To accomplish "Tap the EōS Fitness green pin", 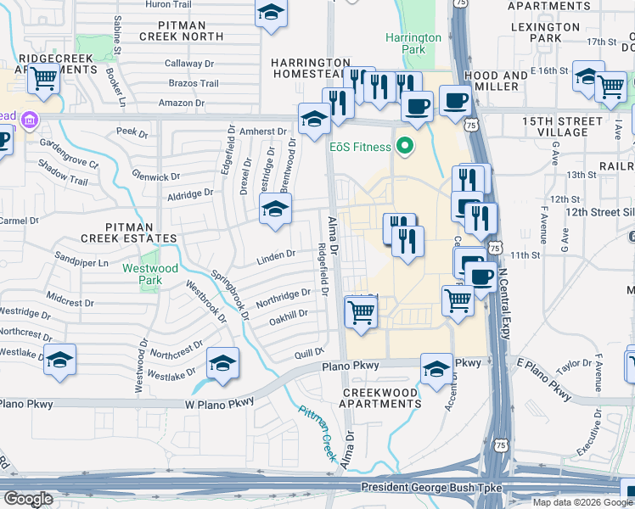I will click(x=405, y=145).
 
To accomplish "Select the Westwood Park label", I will click(x=151, y=273).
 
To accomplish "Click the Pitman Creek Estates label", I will click(x=140, y=233).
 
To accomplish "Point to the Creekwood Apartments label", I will click(x=381, y=399).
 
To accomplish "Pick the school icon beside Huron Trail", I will click(x=271, y=13).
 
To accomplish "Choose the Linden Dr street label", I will click(x=277, y=254).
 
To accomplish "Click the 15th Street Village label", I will click(x=556, y=126).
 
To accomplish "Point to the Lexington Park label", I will click(x=548, y=33).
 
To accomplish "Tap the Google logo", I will click(x=28, y=498).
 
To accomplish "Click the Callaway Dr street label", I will click(x=188, y=64).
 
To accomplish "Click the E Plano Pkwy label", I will click(x=544, y=378).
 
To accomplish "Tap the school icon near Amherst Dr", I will click(x=314, y=119).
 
